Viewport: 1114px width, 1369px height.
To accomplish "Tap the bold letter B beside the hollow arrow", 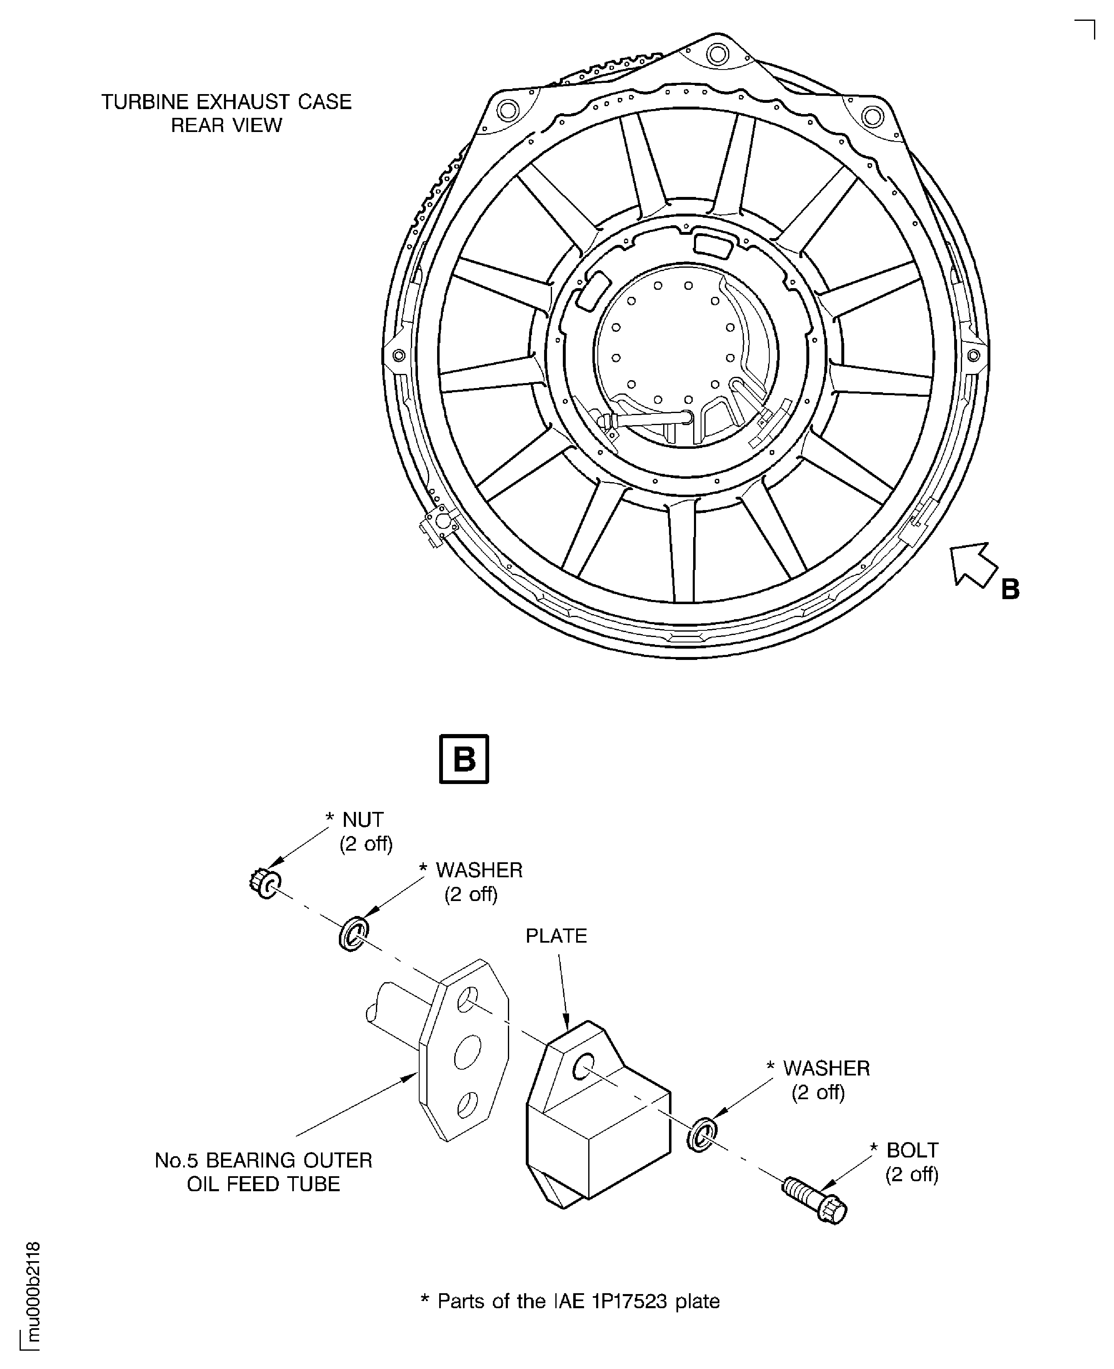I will tap(1010, 589).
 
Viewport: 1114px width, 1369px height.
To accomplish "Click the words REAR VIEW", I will tap(226, 125).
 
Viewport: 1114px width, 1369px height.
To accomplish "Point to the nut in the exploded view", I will tap(264, 885).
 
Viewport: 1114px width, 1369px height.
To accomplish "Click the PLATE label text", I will tap(556, 936).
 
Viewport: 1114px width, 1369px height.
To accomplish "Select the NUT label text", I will tap(363, 819).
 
